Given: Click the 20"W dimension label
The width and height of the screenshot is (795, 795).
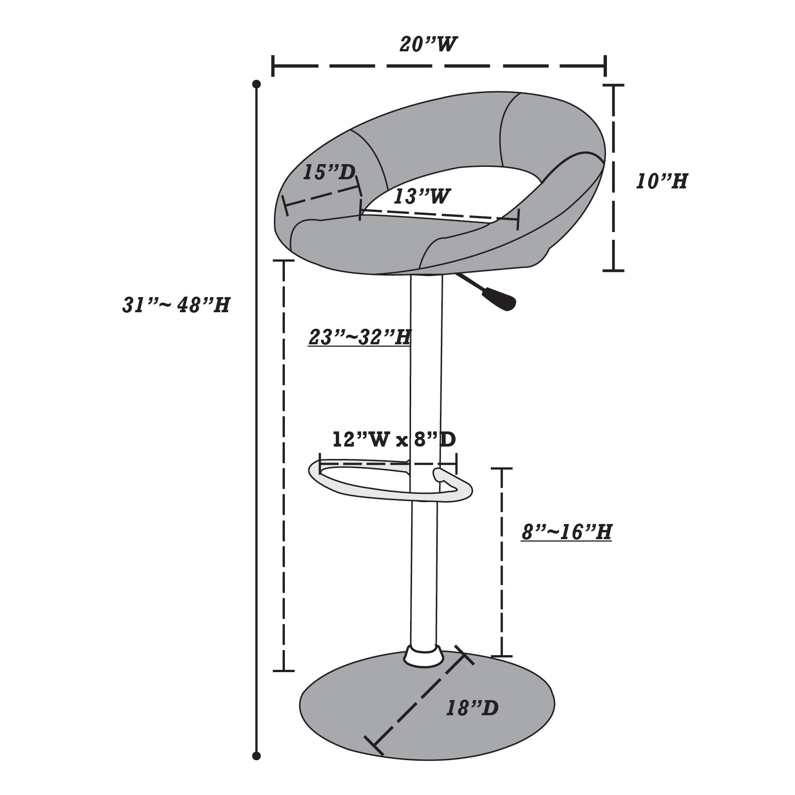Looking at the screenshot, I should pos(428,44).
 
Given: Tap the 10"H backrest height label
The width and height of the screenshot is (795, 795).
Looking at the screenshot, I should pos(662,182).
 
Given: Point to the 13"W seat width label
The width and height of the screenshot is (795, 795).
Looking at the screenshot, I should pos(421,197).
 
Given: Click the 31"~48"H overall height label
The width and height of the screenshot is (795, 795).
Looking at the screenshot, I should pos(176,305).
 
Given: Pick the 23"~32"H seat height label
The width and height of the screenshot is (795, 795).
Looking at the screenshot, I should pos(359,337).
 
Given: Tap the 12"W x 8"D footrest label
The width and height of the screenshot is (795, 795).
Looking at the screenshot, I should pos(394,440).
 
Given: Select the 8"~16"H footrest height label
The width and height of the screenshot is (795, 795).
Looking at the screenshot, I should pos(567,532).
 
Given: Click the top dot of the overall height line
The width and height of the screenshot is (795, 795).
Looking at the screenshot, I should pos(257,84).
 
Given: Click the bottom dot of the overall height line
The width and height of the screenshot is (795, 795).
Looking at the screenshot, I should pos(257,756).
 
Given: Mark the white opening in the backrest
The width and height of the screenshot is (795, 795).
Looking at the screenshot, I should pos(454,193).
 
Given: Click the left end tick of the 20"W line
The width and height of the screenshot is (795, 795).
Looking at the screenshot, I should pos(273,66).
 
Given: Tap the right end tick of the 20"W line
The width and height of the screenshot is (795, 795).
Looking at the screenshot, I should pos(606,66).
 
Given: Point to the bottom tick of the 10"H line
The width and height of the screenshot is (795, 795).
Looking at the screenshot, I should pos(613,271).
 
